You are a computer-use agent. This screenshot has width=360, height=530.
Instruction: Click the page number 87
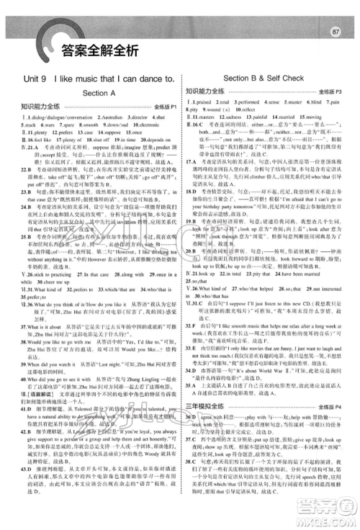coord(335,12)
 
